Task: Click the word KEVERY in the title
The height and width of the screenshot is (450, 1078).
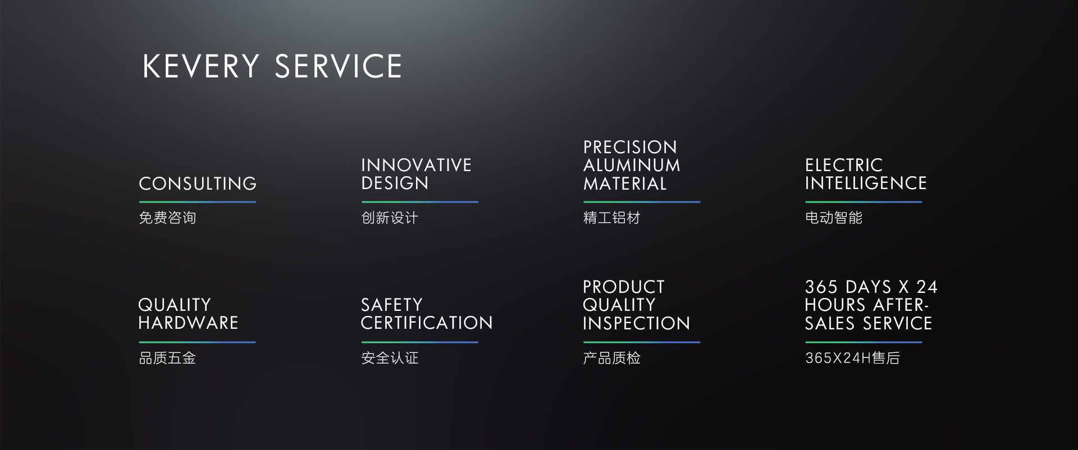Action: click(200, 66)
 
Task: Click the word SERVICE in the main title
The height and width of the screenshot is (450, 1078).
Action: click(338, 66)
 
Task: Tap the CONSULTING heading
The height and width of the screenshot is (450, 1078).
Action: click(198, 183)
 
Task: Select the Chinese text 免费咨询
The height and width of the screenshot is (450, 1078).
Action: click(167, 218)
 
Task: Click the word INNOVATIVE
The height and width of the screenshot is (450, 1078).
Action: click(416, 165)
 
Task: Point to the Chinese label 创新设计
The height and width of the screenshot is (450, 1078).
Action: click(390, 218)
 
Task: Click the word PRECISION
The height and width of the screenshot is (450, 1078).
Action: click(630, 147)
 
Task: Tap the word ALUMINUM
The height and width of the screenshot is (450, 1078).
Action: click(632, 165)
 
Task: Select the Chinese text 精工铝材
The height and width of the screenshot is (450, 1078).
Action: click(611, 218)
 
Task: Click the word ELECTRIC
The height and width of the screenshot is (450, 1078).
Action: click(844, 165)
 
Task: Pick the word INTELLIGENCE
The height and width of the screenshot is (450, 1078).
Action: click(866, 183)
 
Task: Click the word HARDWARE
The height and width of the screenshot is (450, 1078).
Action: click(188, 323)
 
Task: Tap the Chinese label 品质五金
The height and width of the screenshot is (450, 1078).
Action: click(167, 358)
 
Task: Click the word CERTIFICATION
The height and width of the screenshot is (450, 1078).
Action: click(427, 323)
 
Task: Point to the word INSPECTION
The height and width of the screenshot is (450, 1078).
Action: click(636, 323)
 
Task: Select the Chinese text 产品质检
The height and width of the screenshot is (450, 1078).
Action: click(611, 358)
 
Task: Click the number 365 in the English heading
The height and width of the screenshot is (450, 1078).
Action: click(821, 287)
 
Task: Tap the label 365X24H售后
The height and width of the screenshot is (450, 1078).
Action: click(852, 358)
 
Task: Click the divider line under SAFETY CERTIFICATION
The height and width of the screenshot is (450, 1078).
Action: click(419, 342)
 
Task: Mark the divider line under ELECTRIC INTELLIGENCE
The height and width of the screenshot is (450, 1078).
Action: click(864, 202)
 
